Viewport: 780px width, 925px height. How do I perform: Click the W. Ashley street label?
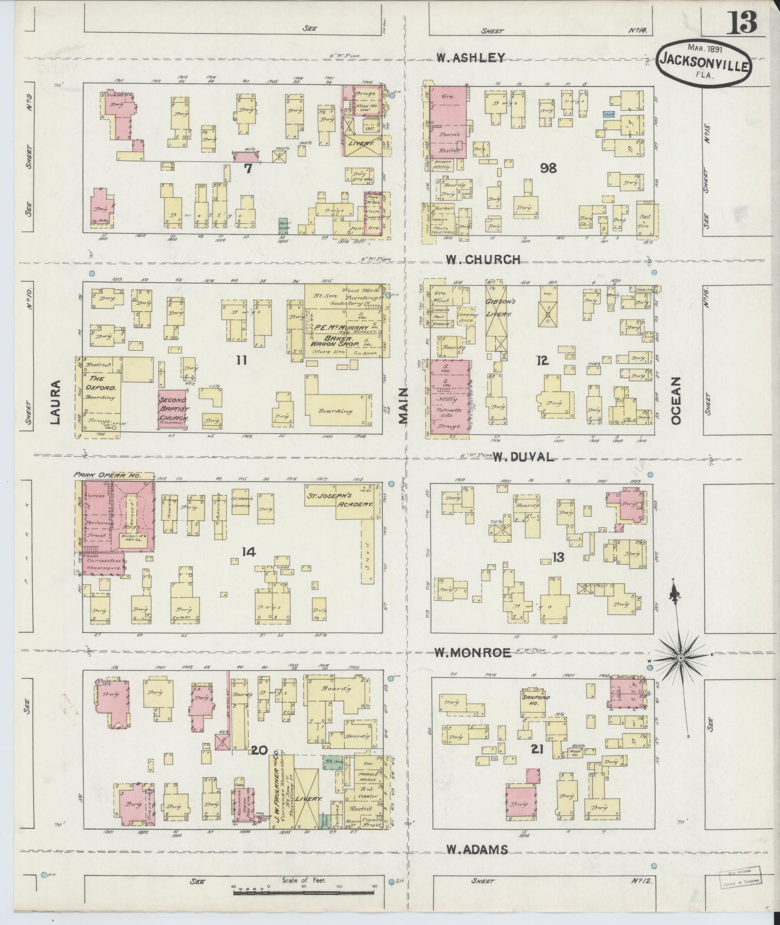click(470, 58)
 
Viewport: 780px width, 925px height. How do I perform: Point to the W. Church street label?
click(483, 260)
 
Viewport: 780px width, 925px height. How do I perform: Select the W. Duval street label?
click(523, 456)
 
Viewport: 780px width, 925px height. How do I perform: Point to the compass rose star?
click(680, 658)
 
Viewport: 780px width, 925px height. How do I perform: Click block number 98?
click(548, 168)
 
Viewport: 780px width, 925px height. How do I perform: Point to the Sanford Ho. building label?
click(533, 701)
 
